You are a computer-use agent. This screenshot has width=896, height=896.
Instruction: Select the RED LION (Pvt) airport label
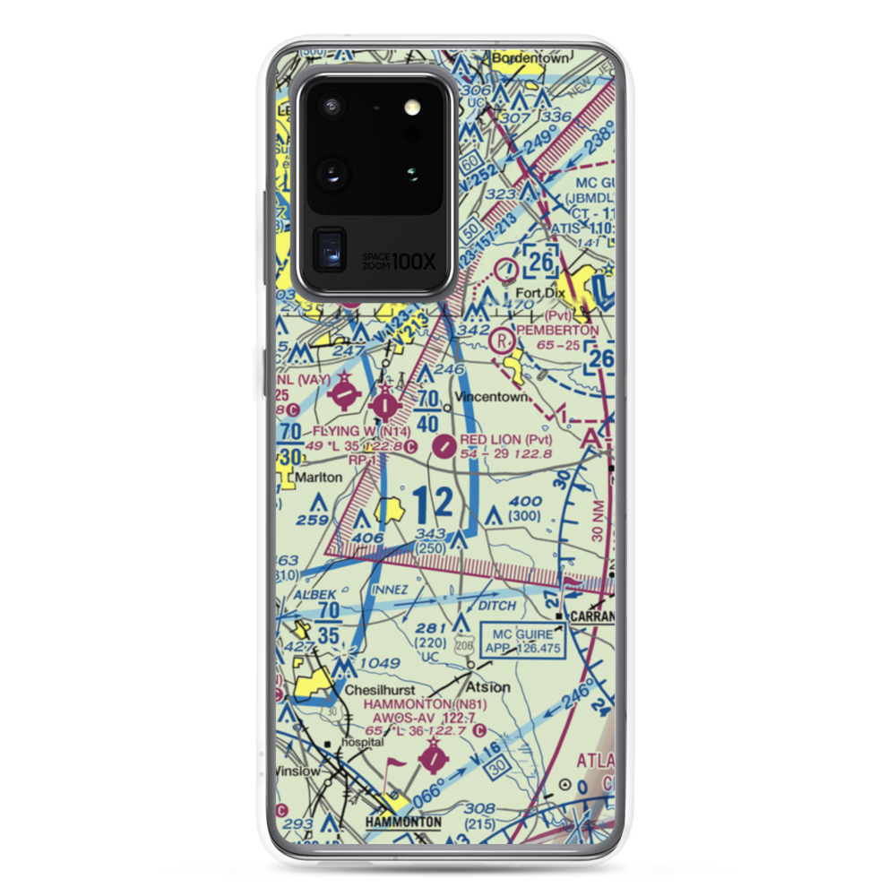[505, 440]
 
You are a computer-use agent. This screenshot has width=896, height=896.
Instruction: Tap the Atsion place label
[488, 687]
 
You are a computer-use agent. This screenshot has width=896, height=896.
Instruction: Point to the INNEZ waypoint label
[391, 589]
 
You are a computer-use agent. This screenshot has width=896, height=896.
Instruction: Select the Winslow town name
[297, 771]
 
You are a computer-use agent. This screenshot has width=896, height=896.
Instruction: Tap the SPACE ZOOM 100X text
[399, 261]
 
